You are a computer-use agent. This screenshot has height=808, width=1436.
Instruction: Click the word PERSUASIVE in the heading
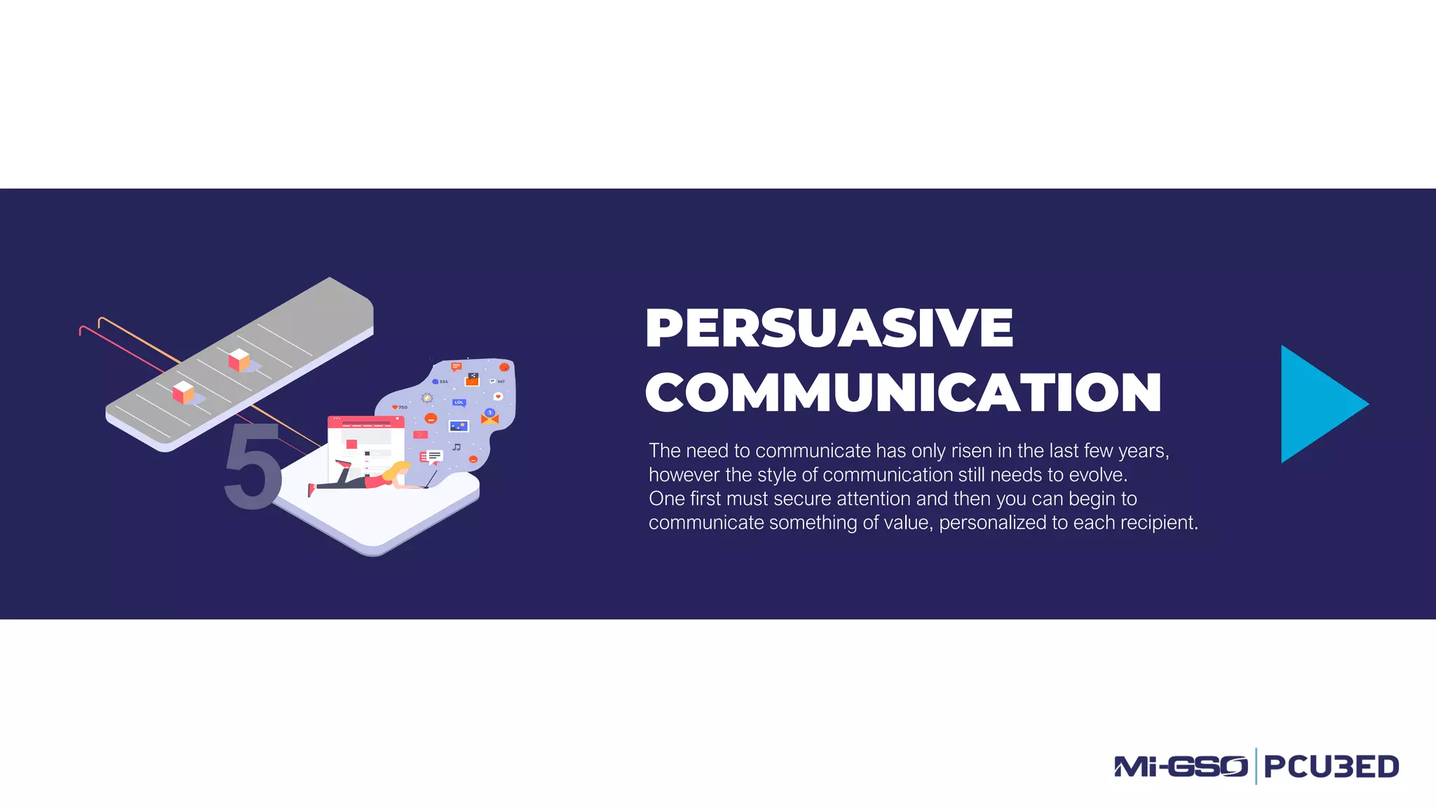pyautogui.click(x=829, y=328)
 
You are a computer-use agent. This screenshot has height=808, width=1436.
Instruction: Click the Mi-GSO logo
pyautogui.click(x=1181, y=766)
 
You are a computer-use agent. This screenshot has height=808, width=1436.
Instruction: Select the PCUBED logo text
pyautogui.click(x=1331, y=767)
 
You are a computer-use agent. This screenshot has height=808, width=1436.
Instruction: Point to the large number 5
pyautogui.click(x=252, y=467)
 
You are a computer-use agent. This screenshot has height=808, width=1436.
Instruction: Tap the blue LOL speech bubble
pyautogui.click(x=459, y=403)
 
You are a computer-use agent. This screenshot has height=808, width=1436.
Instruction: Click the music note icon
pyautogui.click(x=456, y=447)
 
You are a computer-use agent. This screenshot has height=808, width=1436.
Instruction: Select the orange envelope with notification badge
pyautogui.click(x=489, y=418)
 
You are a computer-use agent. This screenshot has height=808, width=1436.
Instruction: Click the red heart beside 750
pyautogui.click(x=395, y=408)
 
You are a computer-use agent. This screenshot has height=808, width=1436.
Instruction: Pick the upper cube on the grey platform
pyautogui.click(x=238, y=360)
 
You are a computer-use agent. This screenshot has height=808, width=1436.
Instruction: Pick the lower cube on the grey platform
pyautogui.click(x=182, y=392)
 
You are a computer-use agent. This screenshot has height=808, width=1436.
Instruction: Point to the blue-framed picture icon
pyautogui.click(x=459, y=426)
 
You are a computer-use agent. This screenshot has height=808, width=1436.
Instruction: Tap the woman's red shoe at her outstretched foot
pyautogui.click(x=311, y=490)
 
